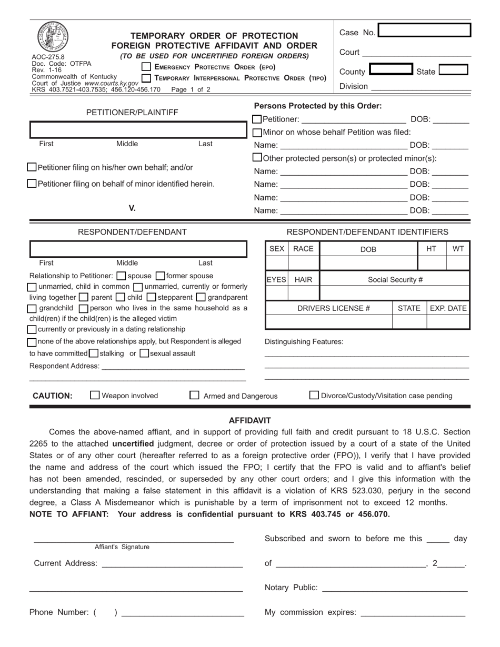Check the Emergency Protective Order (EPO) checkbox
point(146,67)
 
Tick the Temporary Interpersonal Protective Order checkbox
point(146,78)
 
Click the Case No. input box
point(424,31)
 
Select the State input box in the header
point(453,70)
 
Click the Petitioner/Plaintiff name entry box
point(138,129)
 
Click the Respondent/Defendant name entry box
point(138,249)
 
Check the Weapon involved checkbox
point(95,395)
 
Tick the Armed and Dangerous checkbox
point(194,395)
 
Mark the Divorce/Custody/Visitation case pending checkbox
point(314,395)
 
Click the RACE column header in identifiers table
point(303,249)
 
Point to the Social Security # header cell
point(395,279)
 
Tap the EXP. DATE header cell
point(448,308)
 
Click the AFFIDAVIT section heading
point(249,420)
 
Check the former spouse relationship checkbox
point(161,276)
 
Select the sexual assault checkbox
point(145,353)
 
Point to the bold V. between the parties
point(132,208)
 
